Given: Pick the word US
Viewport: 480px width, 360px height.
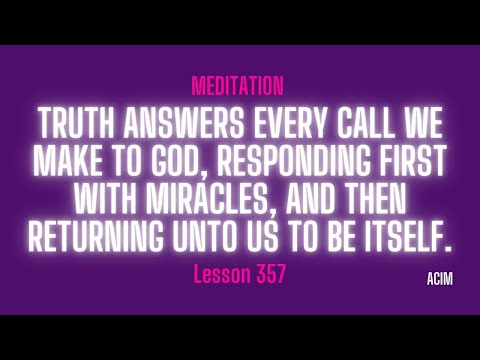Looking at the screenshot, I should point(272,236).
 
